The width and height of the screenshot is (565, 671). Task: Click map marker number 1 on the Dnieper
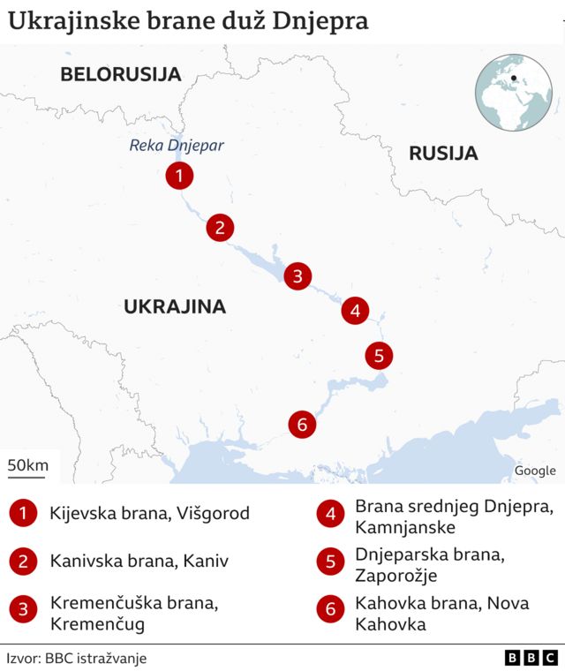pos(179,177)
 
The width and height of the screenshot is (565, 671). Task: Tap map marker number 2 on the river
pos(220,228)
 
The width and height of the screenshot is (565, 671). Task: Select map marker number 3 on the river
pos(298,276)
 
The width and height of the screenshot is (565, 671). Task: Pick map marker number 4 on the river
pos(355,311)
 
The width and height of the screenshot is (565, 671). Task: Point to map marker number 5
pos(379,356)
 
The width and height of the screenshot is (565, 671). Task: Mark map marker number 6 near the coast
pos(302,425)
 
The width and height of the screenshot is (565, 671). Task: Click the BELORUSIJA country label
pos(120,74)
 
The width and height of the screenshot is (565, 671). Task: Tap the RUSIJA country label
pos(443,154)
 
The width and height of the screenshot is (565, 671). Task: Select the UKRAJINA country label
pos(175,307)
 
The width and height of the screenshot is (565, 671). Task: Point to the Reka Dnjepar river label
pos(177,146)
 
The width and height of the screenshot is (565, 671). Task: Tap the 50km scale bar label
pos(28,465)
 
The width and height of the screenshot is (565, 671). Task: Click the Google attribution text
pos(535,471)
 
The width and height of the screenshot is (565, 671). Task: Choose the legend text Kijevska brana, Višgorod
pos(149,513)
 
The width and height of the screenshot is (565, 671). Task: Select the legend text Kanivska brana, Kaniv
pos(139,561)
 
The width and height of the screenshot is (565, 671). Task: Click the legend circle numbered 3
pos(23,609)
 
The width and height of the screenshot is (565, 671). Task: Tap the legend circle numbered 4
pos(330,514)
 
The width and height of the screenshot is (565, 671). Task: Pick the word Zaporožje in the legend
pos(395,576)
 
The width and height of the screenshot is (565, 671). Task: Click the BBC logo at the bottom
pos(531,658)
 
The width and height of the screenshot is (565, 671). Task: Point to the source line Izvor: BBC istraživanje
pos(77,658)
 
